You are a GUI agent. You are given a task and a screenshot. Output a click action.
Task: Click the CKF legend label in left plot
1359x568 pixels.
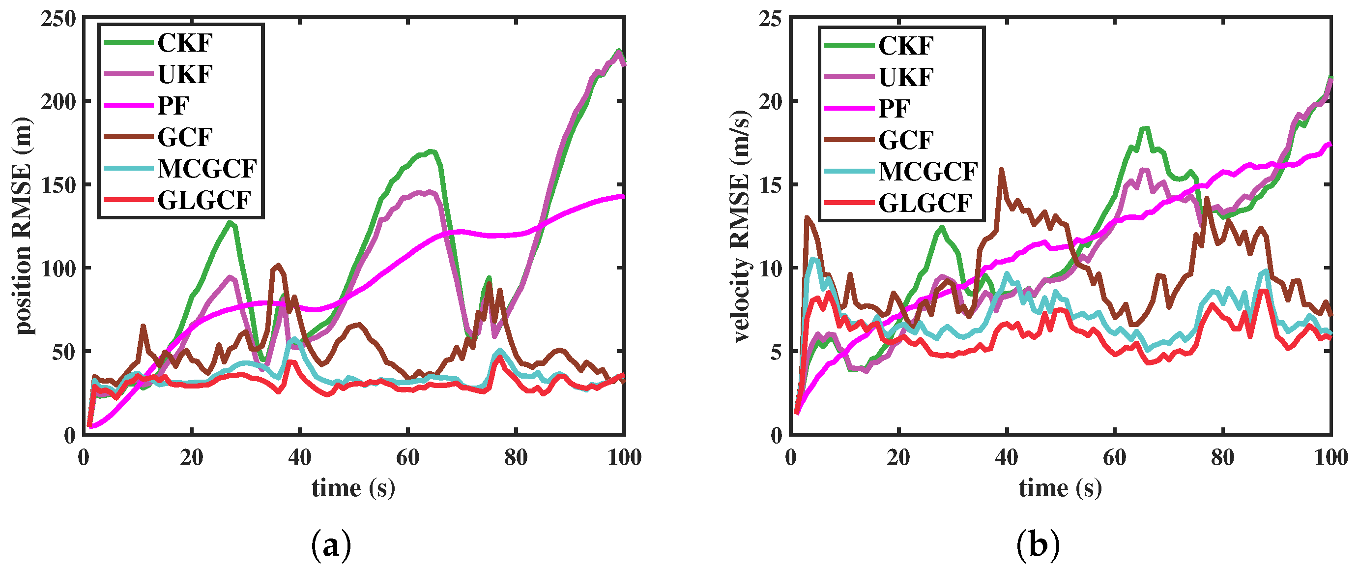coord(185,43)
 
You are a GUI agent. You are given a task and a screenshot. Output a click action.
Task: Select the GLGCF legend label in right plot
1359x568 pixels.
coord(925,203)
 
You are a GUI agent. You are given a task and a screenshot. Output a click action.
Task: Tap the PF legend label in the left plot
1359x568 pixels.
coord(173,106)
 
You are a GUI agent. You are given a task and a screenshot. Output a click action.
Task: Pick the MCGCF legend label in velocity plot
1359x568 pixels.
coord(928,172)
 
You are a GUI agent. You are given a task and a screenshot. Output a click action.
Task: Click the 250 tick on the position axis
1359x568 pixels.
coord(58,19)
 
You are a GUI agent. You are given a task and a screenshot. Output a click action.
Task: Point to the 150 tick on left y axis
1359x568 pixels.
coord(58,185)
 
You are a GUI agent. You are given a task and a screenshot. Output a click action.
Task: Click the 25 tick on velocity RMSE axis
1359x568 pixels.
coord(771,19)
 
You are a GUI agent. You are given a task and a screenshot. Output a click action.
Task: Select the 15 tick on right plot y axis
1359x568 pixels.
coord(771,185)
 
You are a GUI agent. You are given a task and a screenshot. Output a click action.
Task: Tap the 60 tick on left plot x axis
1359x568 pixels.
coord(408,457)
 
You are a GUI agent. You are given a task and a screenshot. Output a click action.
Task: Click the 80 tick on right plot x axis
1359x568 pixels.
coord(1222,457)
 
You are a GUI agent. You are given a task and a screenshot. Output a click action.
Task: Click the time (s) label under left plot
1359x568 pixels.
coord(353,488)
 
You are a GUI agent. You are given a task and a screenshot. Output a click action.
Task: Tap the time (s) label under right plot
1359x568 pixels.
coord(1060,488)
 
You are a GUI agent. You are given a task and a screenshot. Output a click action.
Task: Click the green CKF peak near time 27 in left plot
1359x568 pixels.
coord(230,223)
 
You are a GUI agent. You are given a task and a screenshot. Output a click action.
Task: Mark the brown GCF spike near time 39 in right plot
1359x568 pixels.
coord(1001,170)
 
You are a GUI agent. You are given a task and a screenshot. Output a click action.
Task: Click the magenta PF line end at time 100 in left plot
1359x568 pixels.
coord(623,196)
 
